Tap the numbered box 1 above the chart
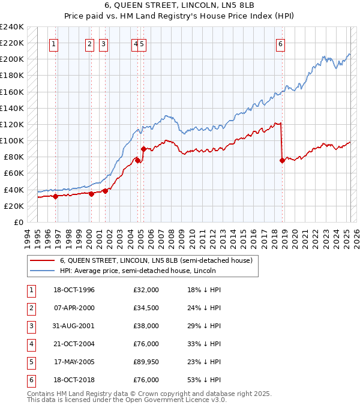[54, 43]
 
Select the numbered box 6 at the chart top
[280, 43]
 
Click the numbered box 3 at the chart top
[104, 43]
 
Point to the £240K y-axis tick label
[12, 26]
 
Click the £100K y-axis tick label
[12, 140]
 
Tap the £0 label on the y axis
[19, 222]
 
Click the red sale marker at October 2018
[282, 160]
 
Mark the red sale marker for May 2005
[143, 149]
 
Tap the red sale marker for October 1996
[56, 196]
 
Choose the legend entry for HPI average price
[137, 271]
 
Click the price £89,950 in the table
[146, 362]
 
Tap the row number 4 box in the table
[30, 344]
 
